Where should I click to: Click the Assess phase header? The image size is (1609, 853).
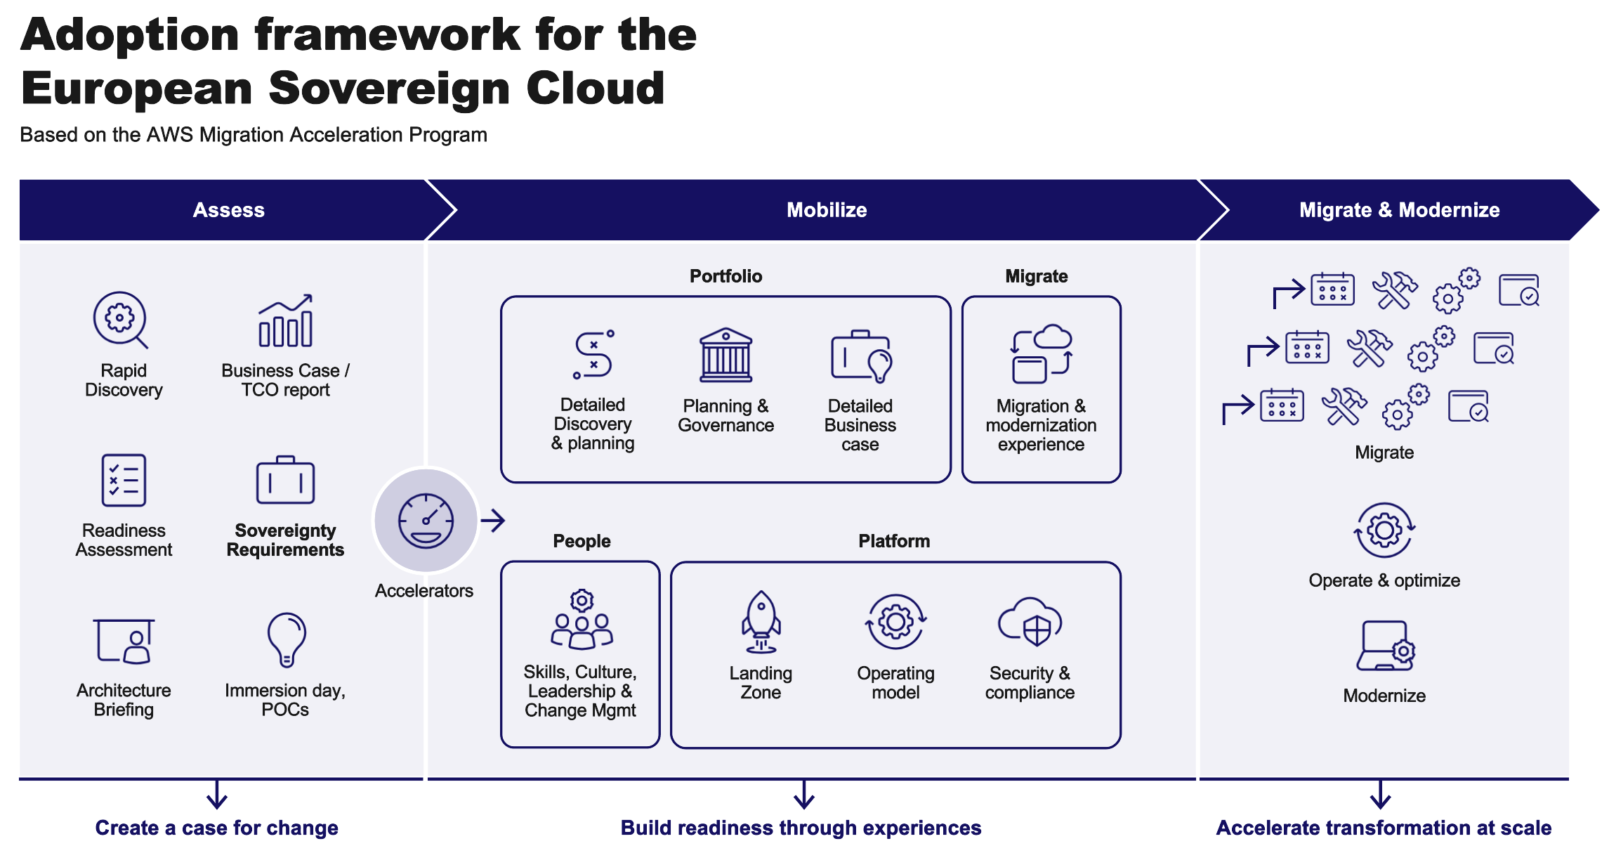228,210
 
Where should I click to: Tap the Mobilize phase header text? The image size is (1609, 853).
827,210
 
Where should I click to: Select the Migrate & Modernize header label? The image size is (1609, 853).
1399,210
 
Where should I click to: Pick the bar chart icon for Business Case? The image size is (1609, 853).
285,321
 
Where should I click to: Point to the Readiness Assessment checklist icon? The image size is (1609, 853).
124,481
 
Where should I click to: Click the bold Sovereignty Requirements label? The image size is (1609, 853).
285,540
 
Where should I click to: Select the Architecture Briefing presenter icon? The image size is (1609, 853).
124,641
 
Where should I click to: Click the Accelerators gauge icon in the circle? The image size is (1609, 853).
426,521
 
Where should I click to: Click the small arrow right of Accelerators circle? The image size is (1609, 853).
493,521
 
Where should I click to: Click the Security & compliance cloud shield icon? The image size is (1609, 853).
1030,622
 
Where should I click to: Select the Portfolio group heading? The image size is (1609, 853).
725,276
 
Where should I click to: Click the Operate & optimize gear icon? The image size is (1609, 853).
1384,530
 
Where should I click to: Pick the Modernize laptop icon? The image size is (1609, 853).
1385,646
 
